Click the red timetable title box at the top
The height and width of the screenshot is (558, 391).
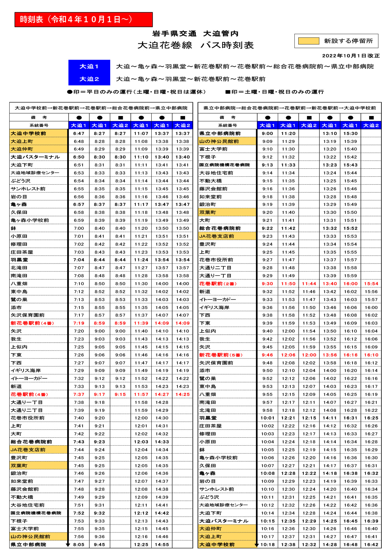(83, 20)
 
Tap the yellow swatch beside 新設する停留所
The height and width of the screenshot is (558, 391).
(308, 41)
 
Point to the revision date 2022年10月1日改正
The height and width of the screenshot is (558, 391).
(351, 56)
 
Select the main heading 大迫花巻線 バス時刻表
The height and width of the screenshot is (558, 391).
(195, 45)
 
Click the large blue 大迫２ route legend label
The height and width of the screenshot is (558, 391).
(89, 79)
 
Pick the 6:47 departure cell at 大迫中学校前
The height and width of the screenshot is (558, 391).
(79, 133)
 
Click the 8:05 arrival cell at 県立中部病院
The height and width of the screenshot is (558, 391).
(79, 544)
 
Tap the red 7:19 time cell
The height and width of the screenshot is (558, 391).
(79, 323)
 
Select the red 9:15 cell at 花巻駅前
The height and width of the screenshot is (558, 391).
(120, 394)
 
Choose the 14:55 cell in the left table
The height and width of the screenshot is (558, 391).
(162, 544)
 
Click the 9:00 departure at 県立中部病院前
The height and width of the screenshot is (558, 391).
(267, 133)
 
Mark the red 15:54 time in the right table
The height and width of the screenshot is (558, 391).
(371, 283)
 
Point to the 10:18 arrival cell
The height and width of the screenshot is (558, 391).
(267, 544)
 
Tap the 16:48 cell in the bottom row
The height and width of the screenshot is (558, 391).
(350, 544)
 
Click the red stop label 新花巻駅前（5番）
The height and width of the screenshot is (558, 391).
(221, 355)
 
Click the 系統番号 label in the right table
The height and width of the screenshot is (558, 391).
(227, 125)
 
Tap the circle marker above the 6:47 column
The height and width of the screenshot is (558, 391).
(79, 117)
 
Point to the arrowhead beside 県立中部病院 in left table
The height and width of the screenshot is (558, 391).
(68, 545)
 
